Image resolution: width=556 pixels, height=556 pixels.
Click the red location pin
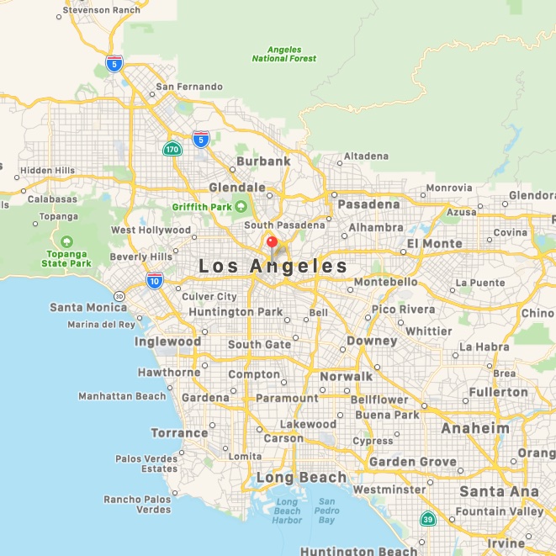[272, 243]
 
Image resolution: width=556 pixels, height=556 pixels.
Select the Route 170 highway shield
[172, 150]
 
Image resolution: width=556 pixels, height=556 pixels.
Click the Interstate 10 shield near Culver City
[154, 280]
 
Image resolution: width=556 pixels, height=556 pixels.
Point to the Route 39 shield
[428, 518]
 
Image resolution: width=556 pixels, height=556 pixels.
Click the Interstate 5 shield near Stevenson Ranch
[114, 63]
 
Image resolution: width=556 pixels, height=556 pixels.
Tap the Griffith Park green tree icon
[241, 206]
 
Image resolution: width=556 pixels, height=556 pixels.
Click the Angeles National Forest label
[284, 54]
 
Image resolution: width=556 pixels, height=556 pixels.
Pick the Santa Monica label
[88, 307]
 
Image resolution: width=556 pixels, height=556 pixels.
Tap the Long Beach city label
[301, 477]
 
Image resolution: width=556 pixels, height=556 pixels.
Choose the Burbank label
[263, 161]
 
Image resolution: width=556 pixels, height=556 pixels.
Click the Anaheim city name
[476, 428]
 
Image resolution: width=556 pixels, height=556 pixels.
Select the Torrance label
[179, 433]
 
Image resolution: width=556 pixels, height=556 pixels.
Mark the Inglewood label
[167, 342]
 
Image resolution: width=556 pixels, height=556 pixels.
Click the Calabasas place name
[51, 199]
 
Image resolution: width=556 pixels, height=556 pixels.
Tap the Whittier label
[429, 331]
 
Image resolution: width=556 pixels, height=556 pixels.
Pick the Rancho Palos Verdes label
[137, 505]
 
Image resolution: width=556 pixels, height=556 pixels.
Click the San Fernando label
[189, 87]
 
